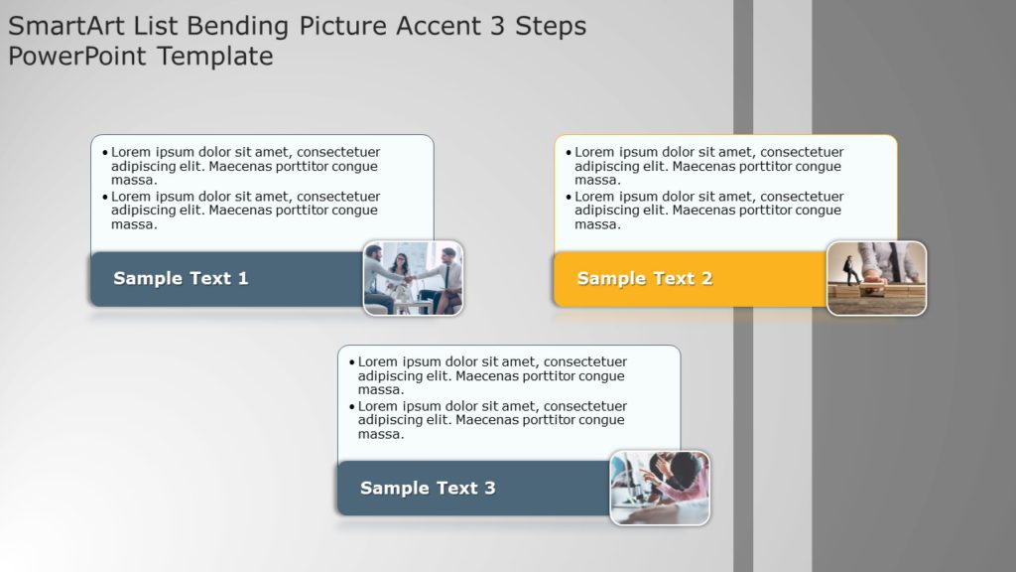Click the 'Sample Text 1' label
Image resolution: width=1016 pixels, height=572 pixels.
point(181,279)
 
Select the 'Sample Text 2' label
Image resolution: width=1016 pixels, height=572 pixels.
point(644,279)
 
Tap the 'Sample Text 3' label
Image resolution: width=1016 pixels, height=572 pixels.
point(428,489)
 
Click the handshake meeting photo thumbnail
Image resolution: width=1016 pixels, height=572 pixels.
point(413,278)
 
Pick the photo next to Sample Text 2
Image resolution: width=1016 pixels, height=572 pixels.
point(876,278)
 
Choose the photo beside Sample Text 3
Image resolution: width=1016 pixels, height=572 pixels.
point(660,488)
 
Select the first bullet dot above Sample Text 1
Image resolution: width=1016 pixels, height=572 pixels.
point(104,153)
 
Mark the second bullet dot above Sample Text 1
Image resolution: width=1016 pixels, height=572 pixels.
point(104,198)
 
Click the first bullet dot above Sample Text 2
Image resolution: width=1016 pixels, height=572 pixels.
point(568,153)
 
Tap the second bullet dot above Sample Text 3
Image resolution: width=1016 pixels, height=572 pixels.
point(351,407)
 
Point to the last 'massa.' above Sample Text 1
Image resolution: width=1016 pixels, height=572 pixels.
point(134,225)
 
